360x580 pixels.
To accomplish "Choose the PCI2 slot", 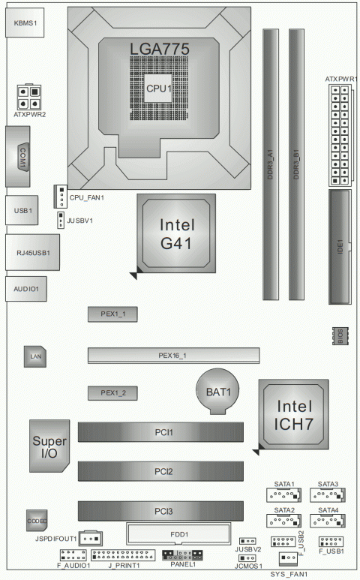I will point(160,471).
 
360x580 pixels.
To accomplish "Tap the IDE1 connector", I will point(340,247).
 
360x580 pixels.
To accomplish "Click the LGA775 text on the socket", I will point(158,49).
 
